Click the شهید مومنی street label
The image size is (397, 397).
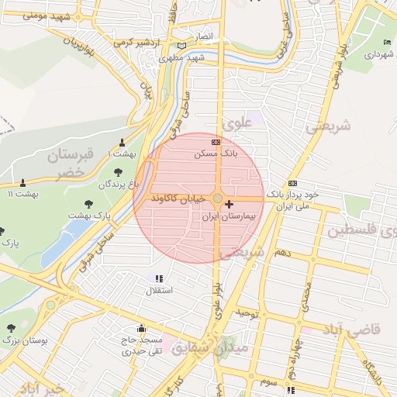[30, 15]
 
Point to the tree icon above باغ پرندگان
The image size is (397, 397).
[118, 172]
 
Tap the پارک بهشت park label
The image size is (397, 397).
[89, 213]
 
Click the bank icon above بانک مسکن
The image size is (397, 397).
[216, 143]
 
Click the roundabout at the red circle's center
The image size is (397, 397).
[217, 199]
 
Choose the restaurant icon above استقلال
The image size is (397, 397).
[159, 278]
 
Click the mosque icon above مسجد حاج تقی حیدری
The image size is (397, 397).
[140, 328]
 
